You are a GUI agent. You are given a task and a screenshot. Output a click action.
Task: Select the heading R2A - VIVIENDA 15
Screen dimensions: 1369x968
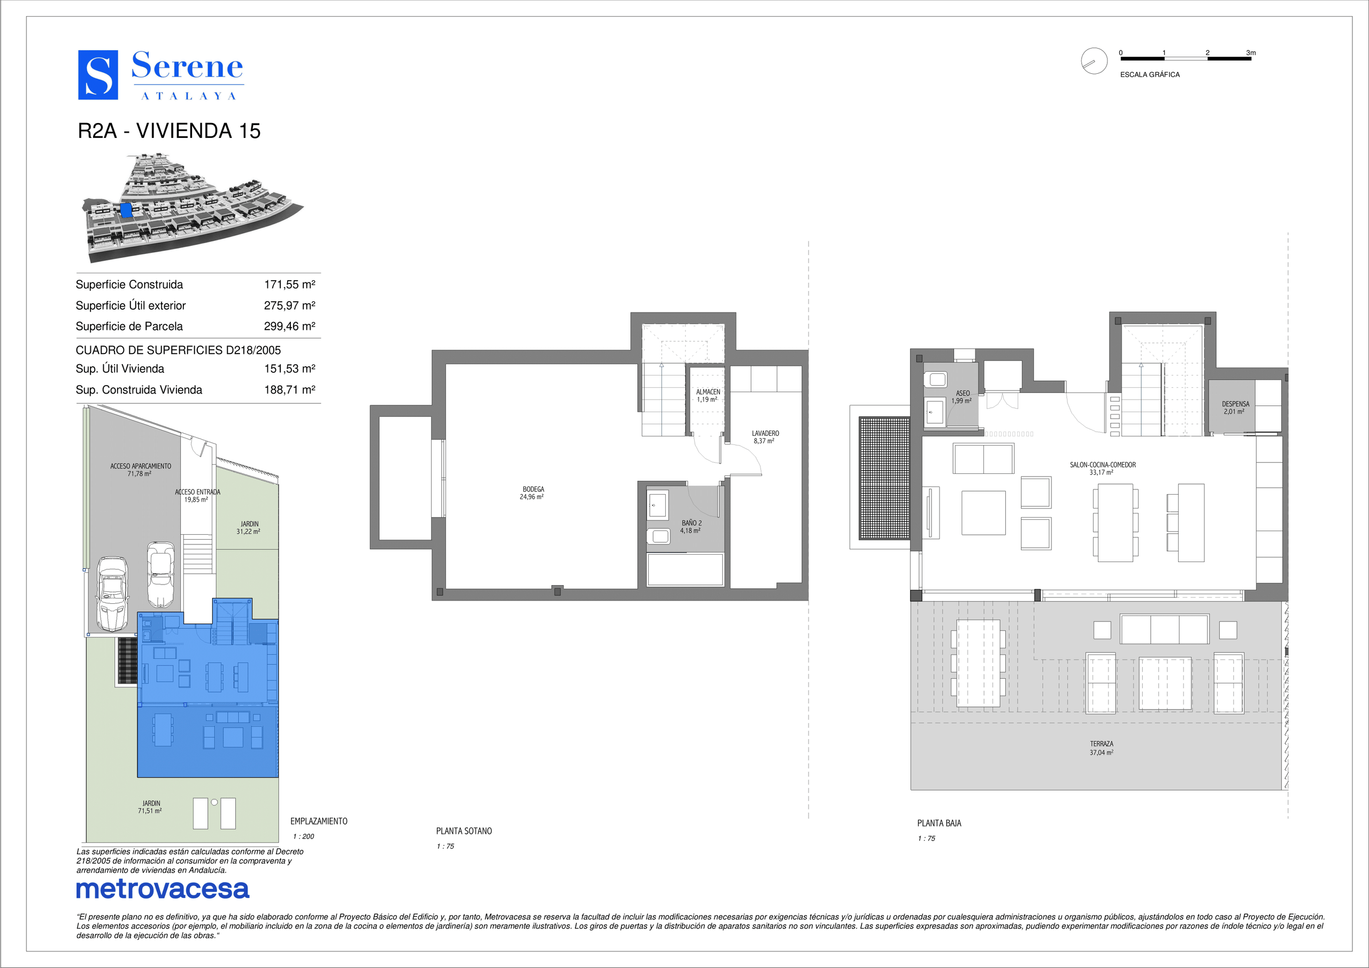(x=170, y=130)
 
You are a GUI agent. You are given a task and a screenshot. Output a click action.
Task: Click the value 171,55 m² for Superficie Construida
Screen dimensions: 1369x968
(x=290, y=285)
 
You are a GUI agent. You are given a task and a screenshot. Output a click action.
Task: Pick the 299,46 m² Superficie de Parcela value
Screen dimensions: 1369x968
(x=290, y=326)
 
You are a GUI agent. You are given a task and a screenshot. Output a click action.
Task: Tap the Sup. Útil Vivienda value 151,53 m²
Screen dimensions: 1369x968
(x=290, y=368)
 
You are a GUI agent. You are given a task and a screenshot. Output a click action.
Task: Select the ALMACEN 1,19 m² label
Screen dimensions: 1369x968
(x=707, y=395)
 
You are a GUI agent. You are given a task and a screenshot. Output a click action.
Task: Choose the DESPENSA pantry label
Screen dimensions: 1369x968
(x=1235, y=404)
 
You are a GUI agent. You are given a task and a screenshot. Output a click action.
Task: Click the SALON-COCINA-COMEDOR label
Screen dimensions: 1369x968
(x=1103, y=465)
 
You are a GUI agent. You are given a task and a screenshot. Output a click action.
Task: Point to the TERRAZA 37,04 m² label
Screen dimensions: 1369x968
(x=1101, y=748)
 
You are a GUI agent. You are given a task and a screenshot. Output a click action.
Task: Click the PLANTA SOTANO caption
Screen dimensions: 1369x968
(x=464, y=831)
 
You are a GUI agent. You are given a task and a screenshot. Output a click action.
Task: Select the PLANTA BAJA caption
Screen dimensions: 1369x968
(x=939, y=823)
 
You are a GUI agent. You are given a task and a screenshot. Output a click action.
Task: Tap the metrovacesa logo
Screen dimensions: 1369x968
(x=163, y=889)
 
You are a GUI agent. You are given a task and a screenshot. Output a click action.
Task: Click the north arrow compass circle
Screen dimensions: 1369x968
(x=1094, y=61)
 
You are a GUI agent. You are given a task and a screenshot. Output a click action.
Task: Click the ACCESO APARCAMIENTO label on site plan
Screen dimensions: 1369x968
(x=141, y=466)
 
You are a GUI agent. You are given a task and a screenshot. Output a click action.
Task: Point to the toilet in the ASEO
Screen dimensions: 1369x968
(x=935, y=379)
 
